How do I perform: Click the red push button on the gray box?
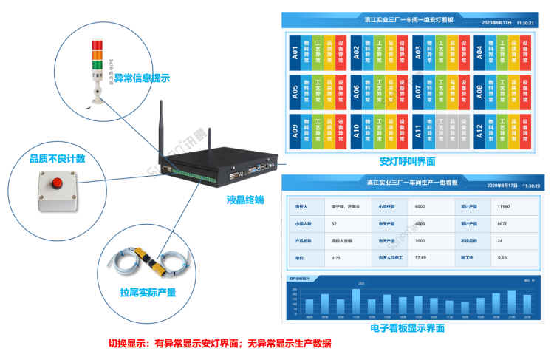(x=55, y=183)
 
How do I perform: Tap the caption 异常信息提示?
(x=143, y=77)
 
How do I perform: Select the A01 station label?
(x=295, y=53)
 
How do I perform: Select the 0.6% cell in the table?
(x=503, y=257)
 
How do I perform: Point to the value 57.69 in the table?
(x=421, y=257)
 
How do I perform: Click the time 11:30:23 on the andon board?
(x=525, y=23)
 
